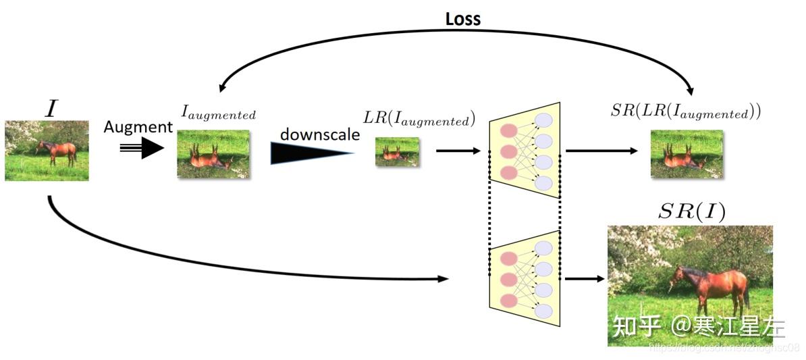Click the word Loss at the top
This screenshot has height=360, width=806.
click(462, 19)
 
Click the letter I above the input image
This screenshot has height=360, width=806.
click(51, 109)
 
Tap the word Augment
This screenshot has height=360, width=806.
click(138, 127)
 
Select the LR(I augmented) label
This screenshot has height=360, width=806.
click(419, 120)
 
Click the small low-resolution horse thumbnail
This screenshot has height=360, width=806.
click(397, 152)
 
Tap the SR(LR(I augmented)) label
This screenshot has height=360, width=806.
click(685, 112)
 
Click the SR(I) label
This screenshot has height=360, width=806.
click(691, 212)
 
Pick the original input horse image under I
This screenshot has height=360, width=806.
click(47, 151)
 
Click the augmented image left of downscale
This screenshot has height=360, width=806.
click(213, 154)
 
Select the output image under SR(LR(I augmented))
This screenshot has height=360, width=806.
click(687, 155)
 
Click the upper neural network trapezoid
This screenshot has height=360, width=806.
click(525, 150)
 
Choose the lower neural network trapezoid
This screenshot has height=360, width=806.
click(525, 278)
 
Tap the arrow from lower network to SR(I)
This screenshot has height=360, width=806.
click(585, 278)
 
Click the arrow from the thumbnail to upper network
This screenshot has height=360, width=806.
click(460, 150)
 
